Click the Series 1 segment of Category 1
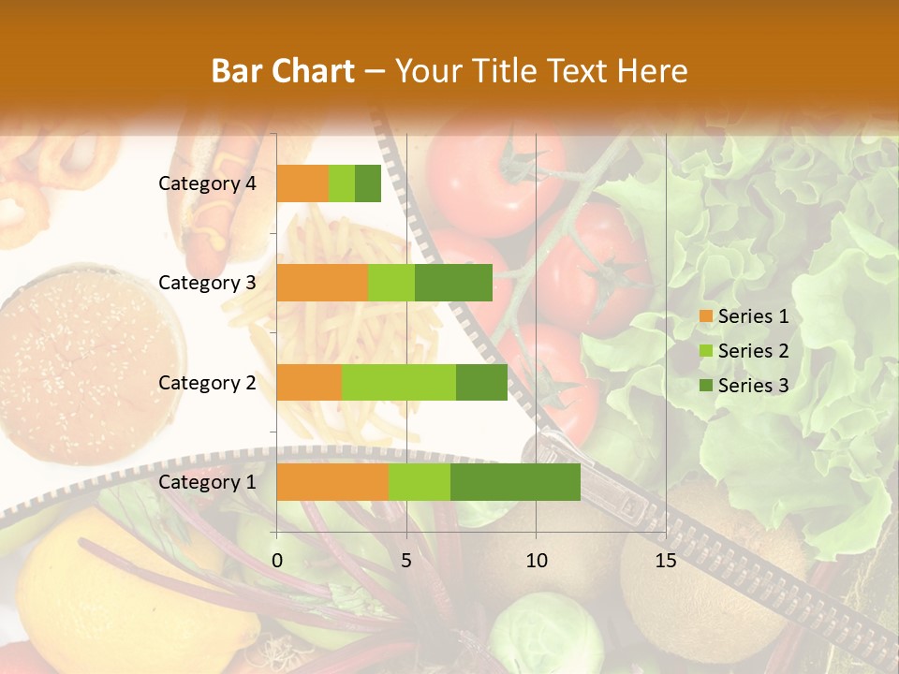332,482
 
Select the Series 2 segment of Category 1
419,482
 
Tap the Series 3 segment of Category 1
515,482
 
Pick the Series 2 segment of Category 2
398,382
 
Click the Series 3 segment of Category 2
481,382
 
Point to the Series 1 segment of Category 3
322,283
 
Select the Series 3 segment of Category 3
453,283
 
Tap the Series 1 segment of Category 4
302,183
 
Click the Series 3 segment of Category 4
368,183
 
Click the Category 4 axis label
207,183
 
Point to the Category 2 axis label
207,382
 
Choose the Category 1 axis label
207,482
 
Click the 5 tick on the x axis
406,561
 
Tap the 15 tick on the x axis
665,561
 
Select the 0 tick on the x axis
277,561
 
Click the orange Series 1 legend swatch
705,316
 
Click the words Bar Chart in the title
283,71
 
